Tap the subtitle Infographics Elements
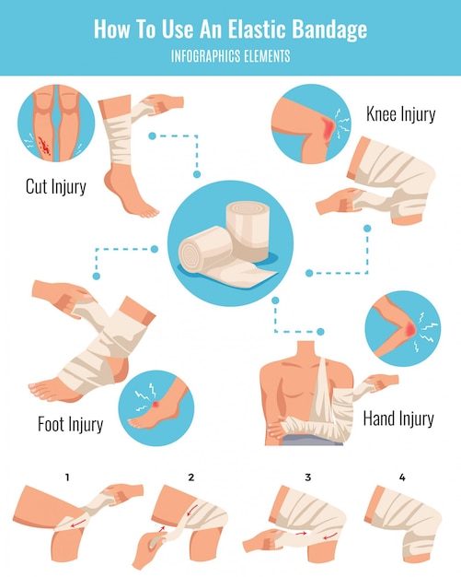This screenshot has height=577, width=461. [231, 56]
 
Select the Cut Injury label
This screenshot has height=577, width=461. [56, 186]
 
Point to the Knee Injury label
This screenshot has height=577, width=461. [401, 113]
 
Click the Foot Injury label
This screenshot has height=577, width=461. [71, 424]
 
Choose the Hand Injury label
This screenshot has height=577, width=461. [398, 418]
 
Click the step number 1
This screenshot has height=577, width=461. [67, 477]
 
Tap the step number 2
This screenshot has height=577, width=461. [191, 477]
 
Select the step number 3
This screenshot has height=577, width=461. [308, 477]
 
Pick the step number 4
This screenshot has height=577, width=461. [402, 477]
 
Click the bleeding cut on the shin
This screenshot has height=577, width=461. [44, 146]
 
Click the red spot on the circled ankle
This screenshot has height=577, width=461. [156, 405]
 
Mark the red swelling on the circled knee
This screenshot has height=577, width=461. [328, 128]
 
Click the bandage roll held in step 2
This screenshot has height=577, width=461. [156, 542]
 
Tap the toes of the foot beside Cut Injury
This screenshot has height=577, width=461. [149, 213]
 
